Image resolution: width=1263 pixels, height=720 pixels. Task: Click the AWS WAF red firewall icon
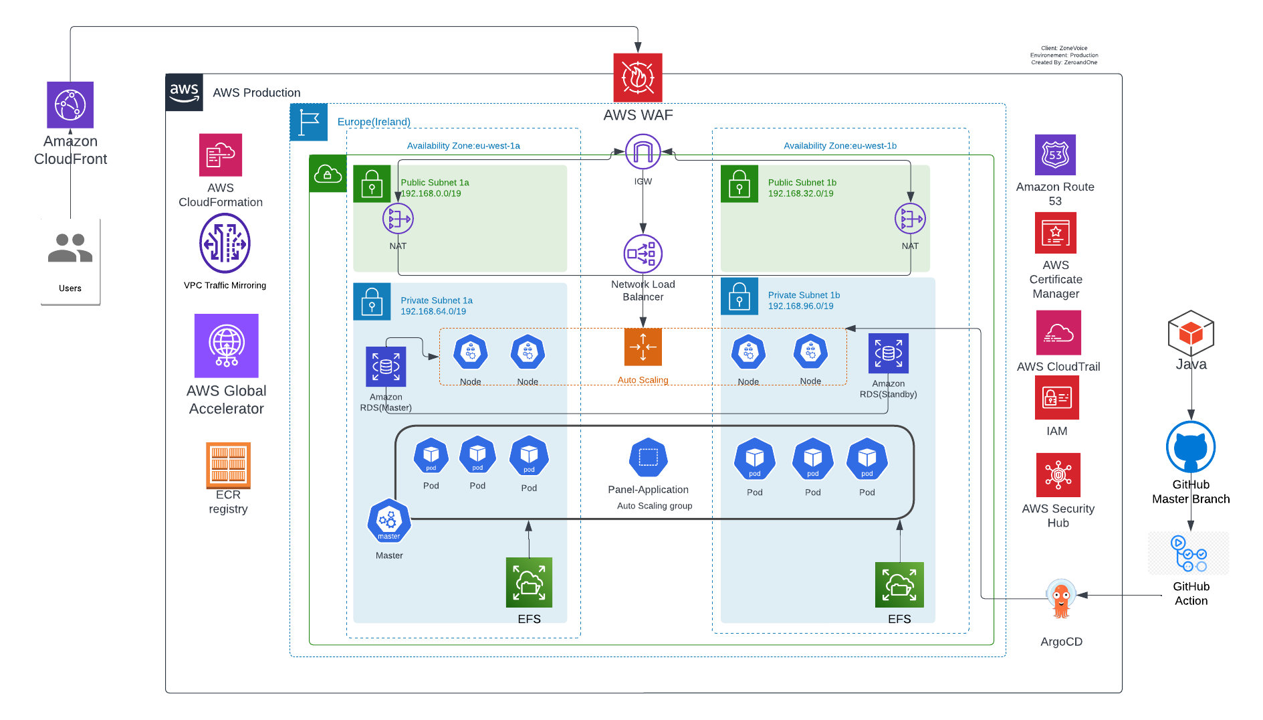pos(638,78)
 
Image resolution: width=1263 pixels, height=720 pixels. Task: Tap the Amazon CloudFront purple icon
pos(70,105)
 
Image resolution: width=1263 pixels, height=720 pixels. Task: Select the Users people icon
pos(70,248)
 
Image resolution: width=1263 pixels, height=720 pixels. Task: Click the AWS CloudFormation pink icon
pos(221,155)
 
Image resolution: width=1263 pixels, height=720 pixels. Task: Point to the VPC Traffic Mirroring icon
pos(225,244)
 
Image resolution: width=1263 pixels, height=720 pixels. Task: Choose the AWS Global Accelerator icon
pos(226,346)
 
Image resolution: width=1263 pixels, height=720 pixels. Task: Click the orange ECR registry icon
pos(228,465)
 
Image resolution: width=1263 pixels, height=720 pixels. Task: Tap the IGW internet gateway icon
pos(643,152)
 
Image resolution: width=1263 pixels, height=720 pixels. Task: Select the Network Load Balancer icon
pos(643,254)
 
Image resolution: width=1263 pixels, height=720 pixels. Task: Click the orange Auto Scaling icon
pos(643,347)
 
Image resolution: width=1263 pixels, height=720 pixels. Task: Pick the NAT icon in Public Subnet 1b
pos(910,219)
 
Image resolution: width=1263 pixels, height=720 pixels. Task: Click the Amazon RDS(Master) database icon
pos(386,367)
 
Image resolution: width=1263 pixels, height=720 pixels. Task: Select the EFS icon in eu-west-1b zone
pos(899,585)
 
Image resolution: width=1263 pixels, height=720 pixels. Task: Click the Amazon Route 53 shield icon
pos(1055,155)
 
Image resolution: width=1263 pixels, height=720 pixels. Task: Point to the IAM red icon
pos(1056,397)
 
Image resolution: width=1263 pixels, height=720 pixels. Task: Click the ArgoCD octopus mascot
pos(1061,599)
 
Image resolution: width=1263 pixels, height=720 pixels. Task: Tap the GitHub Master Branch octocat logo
pos(1191,447)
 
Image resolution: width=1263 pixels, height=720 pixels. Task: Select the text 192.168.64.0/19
pos(433,311)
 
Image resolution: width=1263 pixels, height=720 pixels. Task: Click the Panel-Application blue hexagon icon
pos(648,458)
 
